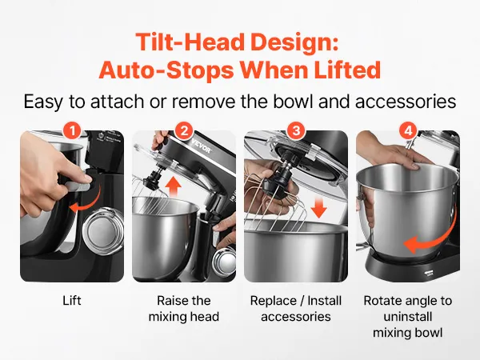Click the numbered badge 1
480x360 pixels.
click(72, 131)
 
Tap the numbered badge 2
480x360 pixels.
click(184, 131)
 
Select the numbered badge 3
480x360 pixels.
click(296, 131)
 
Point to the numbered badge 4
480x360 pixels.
click(408, 131)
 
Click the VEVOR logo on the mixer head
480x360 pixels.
click(202, 146)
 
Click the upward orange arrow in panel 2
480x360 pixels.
click(174, 186)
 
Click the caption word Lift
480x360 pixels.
click(72, 301)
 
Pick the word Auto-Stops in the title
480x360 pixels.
click(166, 70)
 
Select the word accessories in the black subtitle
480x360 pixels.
click(406, 102)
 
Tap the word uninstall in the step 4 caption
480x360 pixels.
click(408, 317)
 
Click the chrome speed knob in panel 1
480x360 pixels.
click(103, 227)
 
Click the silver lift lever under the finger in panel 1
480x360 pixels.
click(78, 186)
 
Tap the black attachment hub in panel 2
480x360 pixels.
click(153, 181)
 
